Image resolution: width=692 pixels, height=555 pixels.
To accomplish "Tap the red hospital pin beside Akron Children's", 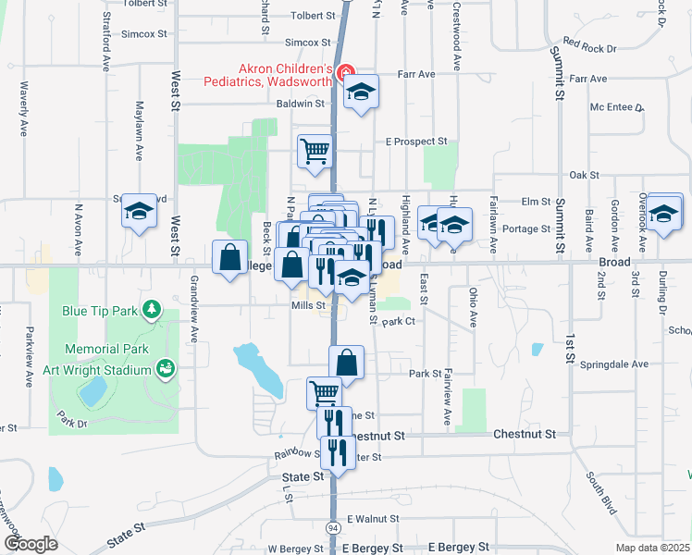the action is (x=346, y=72).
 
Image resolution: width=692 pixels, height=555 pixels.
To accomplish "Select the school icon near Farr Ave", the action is (x=362, y=92).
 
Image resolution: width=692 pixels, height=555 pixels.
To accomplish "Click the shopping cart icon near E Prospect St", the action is (x=315, y=151).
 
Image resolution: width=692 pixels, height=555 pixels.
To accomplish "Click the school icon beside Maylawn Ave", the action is (x=139, y=213).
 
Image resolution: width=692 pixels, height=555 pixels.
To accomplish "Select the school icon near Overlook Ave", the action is (x=664, y=214).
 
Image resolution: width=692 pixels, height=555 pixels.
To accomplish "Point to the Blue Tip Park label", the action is (x=101, y=312).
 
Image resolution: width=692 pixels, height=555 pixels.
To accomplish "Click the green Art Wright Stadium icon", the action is (x=167, y=370).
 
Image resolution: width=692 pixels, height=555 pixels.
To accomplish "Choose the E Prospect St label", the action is (x=416, y=142).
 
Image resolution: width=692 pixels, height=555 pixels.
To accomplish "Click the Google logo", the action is (x=31, y=544).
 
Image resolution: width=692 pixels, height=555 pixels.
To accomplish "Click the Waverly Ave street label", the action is (x=24, y=106).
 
